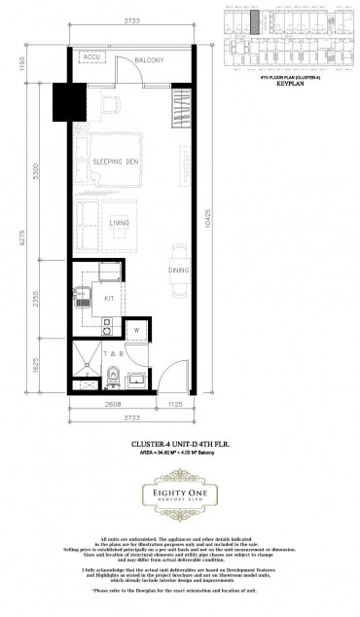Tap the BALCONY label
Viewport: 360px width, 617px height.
point(149,60)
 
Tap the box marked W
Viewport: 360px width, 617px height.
point(137,329)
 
